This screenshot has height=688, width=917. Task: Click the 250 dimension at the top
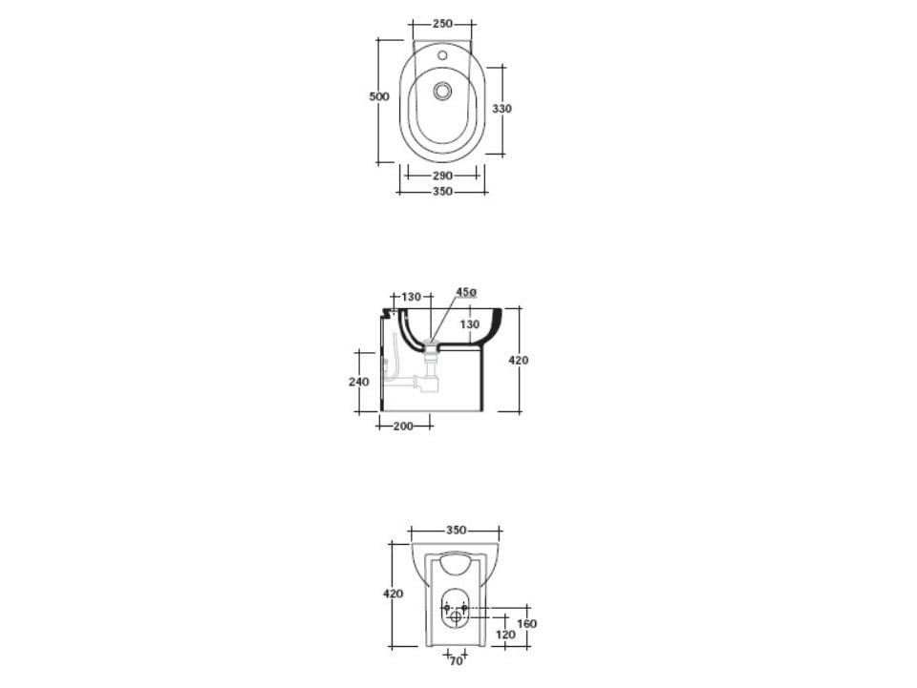(441, 24)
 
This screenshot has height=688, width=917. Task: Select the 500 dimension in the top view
(379, 97)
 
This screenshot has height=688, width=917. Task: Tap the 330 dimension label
(501, 109)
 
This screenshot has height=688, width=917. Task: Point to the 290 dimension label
(441, 176)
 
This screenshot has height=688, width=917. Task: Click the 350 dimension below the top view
(441, 192)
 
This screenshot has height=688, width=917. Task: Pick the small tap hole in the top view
(442, 55)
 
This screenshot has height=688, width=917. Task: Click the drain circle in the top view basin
(442, 92)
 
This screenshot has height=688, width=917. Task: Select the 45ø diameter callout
(465, 292)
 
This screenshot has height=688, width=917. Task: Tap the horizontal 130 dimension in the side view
(411, 297)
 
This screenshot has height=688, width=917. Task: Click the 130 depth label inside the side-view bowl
(470, 324)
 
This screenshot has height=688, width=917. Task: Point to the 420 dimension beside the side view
(519, 361)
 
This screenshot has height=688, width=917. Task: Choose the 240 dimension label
(358, 382)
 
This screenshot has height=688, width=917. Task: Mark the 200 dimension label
(403, 427)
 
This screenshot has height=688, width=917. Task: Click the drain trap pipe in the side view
(428, 382)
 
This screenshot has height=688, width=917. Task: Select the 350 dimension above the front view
(456, 530)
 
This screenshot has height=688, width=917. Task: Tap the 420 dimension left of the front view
(393, 594)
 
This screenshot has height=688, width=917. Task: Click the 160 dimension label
(526, 624)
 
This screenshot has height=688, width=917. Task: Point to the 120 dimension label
(506, 634)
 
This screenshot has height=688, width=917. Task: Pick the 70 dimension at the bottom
(456, 660)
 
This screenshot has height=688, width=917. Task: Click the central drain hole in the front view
(456, 616)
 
